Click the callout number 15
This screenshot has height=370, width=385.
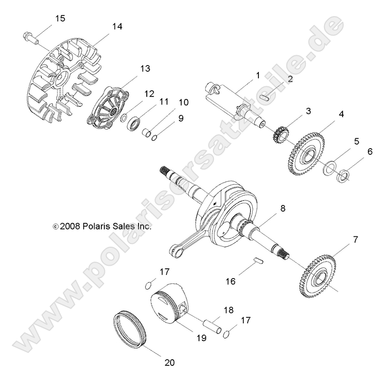click(60, 19)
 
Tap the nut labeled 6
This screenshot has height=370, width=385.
click(342, 178)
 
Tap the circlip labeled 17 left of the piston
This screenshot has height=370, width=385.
click(148, 283)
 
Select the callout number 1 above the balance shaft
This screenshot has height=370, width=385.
click(257, 75)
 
